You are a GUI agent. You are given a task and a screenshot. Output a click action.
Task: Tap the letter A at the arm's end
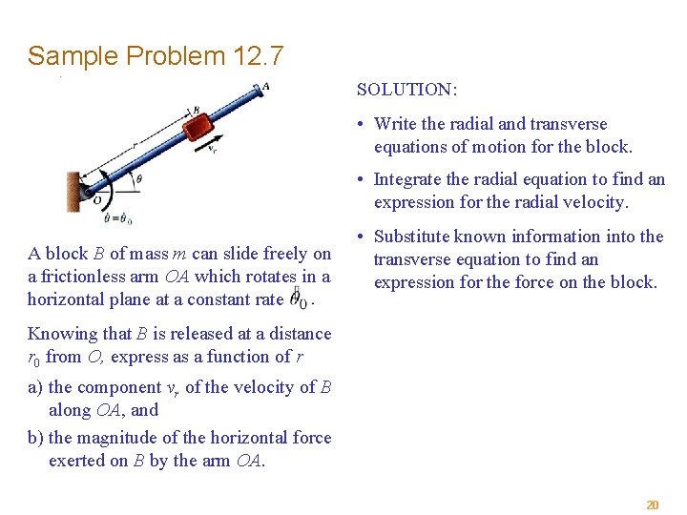point(265,86)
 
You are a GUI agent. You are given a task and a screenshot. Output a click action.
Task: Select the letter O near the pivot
point(96,200)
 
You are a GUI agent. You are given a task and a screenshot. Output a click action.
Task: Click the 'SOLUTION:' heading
point(407,90)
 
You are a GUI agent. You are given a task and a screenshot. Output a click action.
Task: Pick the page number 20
point(653,505)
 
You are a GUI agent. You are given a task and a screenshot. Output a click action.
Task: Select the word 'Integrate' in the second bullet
point(407,179)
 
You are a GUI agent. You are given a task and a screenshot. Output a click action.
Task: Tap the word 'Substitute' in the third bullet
point(415,237)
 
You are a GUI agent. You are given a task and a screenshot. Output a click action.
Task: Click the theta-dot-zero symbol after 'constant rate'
point(298,299)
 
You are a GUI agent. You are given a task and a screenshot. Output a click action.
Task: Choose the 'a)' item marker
point(36,387)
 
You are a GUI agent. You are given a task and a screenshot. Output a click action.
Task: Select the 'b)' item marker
point(36,438)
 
